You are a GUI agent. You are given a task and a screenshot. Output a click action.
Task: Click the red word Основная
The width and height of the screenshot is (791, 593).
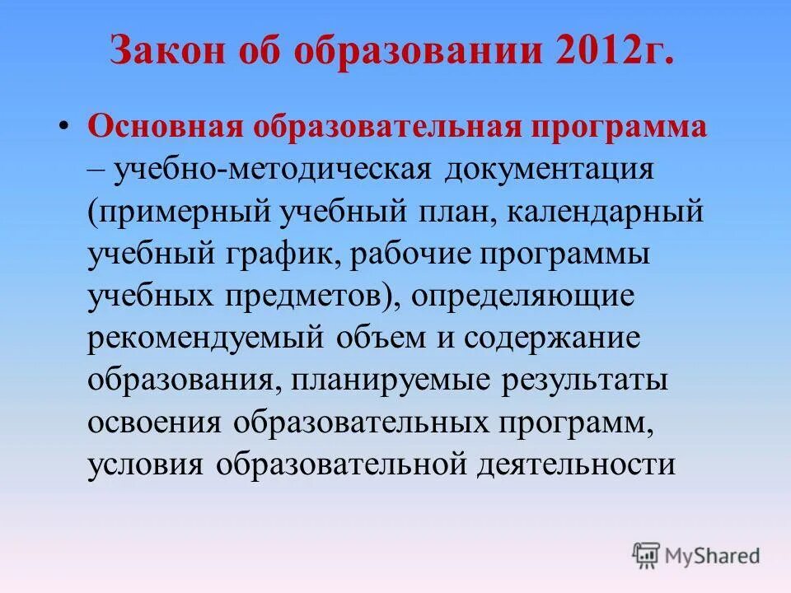(165, 128)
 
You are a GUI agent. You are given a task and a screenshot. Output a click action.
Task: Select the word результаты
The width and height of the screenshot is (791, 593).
(576, 380)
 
